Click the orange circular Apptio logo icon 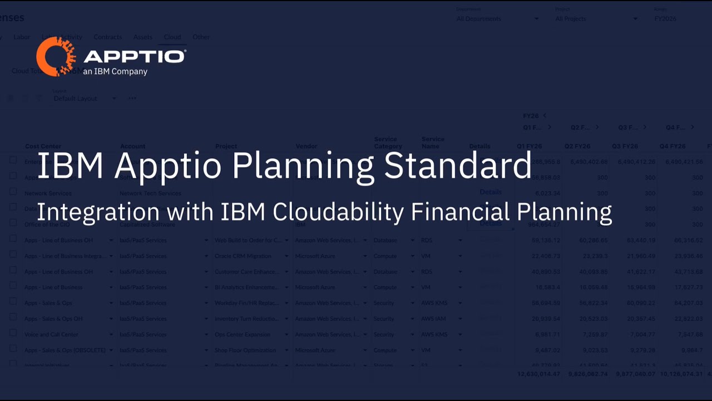56,57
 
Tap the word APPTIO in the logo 134,56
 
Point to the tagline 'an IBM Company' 115,72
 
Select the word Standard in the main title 457,165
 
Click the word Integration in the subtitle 98,212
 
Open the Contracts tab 107,37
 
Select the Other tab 201,37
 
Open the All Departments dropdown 497,19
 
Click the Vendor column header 306,146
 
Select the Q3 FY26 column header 625,146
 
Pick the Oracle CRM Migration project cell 243,256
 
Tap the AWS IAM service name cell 433,319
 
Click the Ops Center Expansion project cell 243,335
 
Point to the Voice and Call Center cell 52,335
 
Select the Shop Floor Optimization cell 245,350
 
